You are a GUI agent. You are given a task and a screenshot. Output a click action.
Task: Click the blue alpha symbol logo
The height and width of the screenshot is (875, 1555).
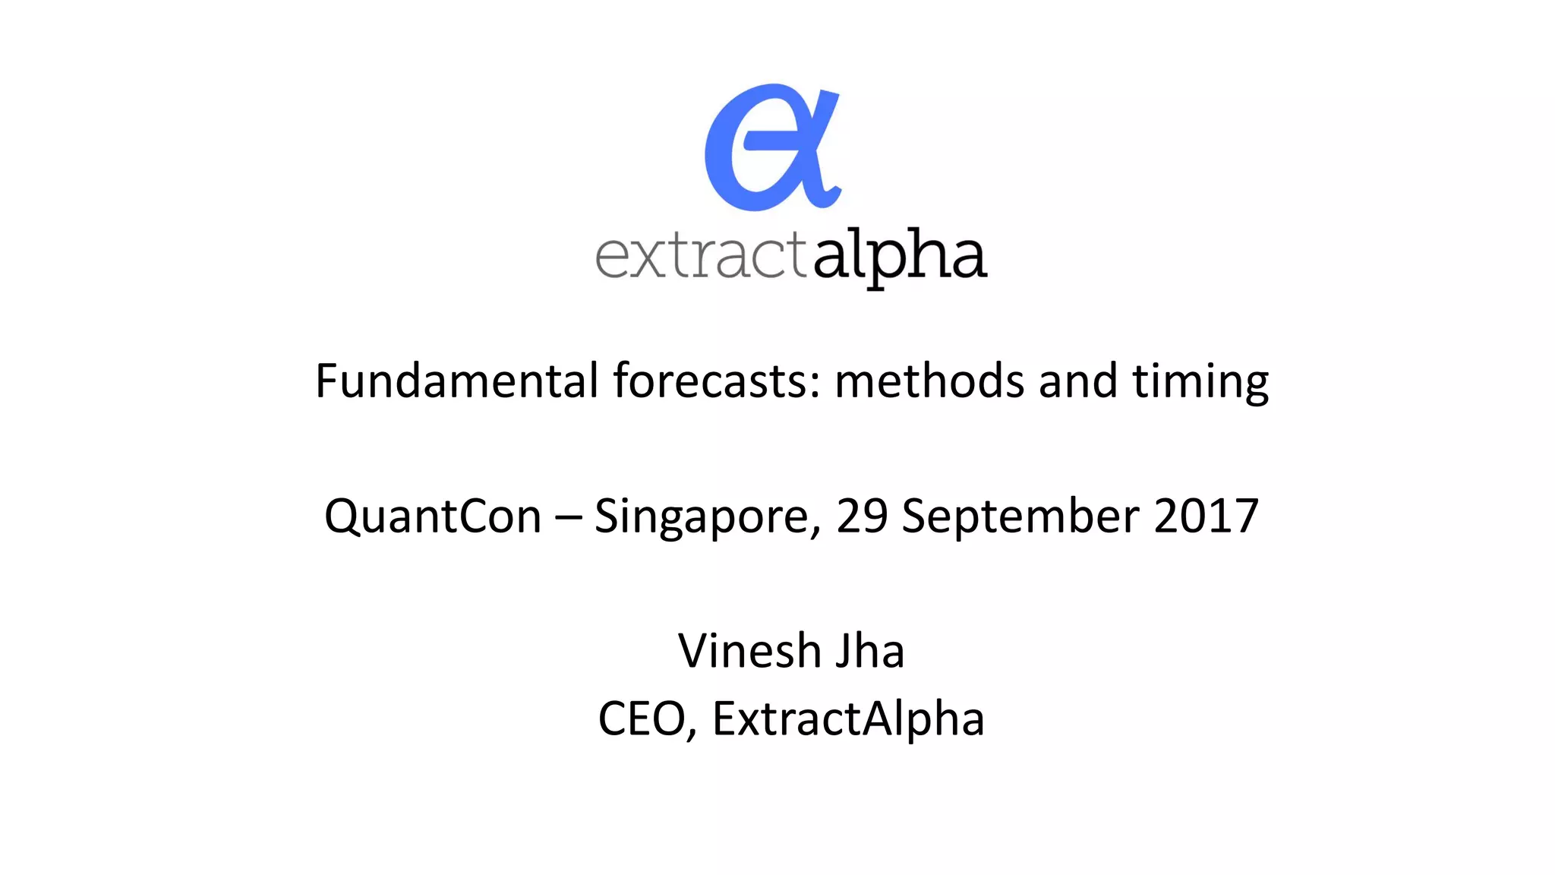(x=771, y=147)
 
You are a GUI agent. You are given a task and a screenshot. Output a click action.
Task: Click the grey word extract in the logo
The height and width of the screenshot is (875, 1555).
(x=700, y=255)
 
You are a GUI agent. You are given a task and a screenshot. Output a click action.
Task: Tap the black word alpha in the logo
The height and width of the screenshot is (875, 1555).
(x=900, y=255)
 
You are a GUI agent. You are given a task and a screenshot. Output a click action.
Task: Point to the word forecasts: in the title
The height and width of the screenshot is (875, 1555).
(x=717, y=381)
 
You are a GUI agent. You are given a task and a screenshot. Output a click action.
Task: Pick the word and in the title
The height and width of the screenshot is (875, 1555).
(x=1077, y=381)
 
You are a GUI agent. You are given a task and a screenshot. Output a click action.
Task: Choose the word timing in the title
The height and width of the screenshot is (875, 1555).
(x=1200, y=382)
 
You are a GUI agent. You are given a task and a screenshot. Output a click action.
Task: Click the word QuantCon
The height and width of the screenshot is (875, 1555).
(x=432, y=516)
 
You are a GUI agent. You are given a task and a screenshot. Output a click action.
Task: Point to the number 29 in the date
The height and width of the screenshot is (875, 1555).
(x=862, y=516)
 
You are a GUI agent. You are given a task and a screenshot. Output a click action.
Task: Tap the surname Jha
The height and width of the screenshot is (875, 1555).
(x=870, y=651)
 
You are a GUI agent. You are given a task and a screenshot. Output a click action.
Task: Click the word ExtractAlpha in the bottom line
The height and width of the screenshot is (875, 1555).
(x=848, y=719)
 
